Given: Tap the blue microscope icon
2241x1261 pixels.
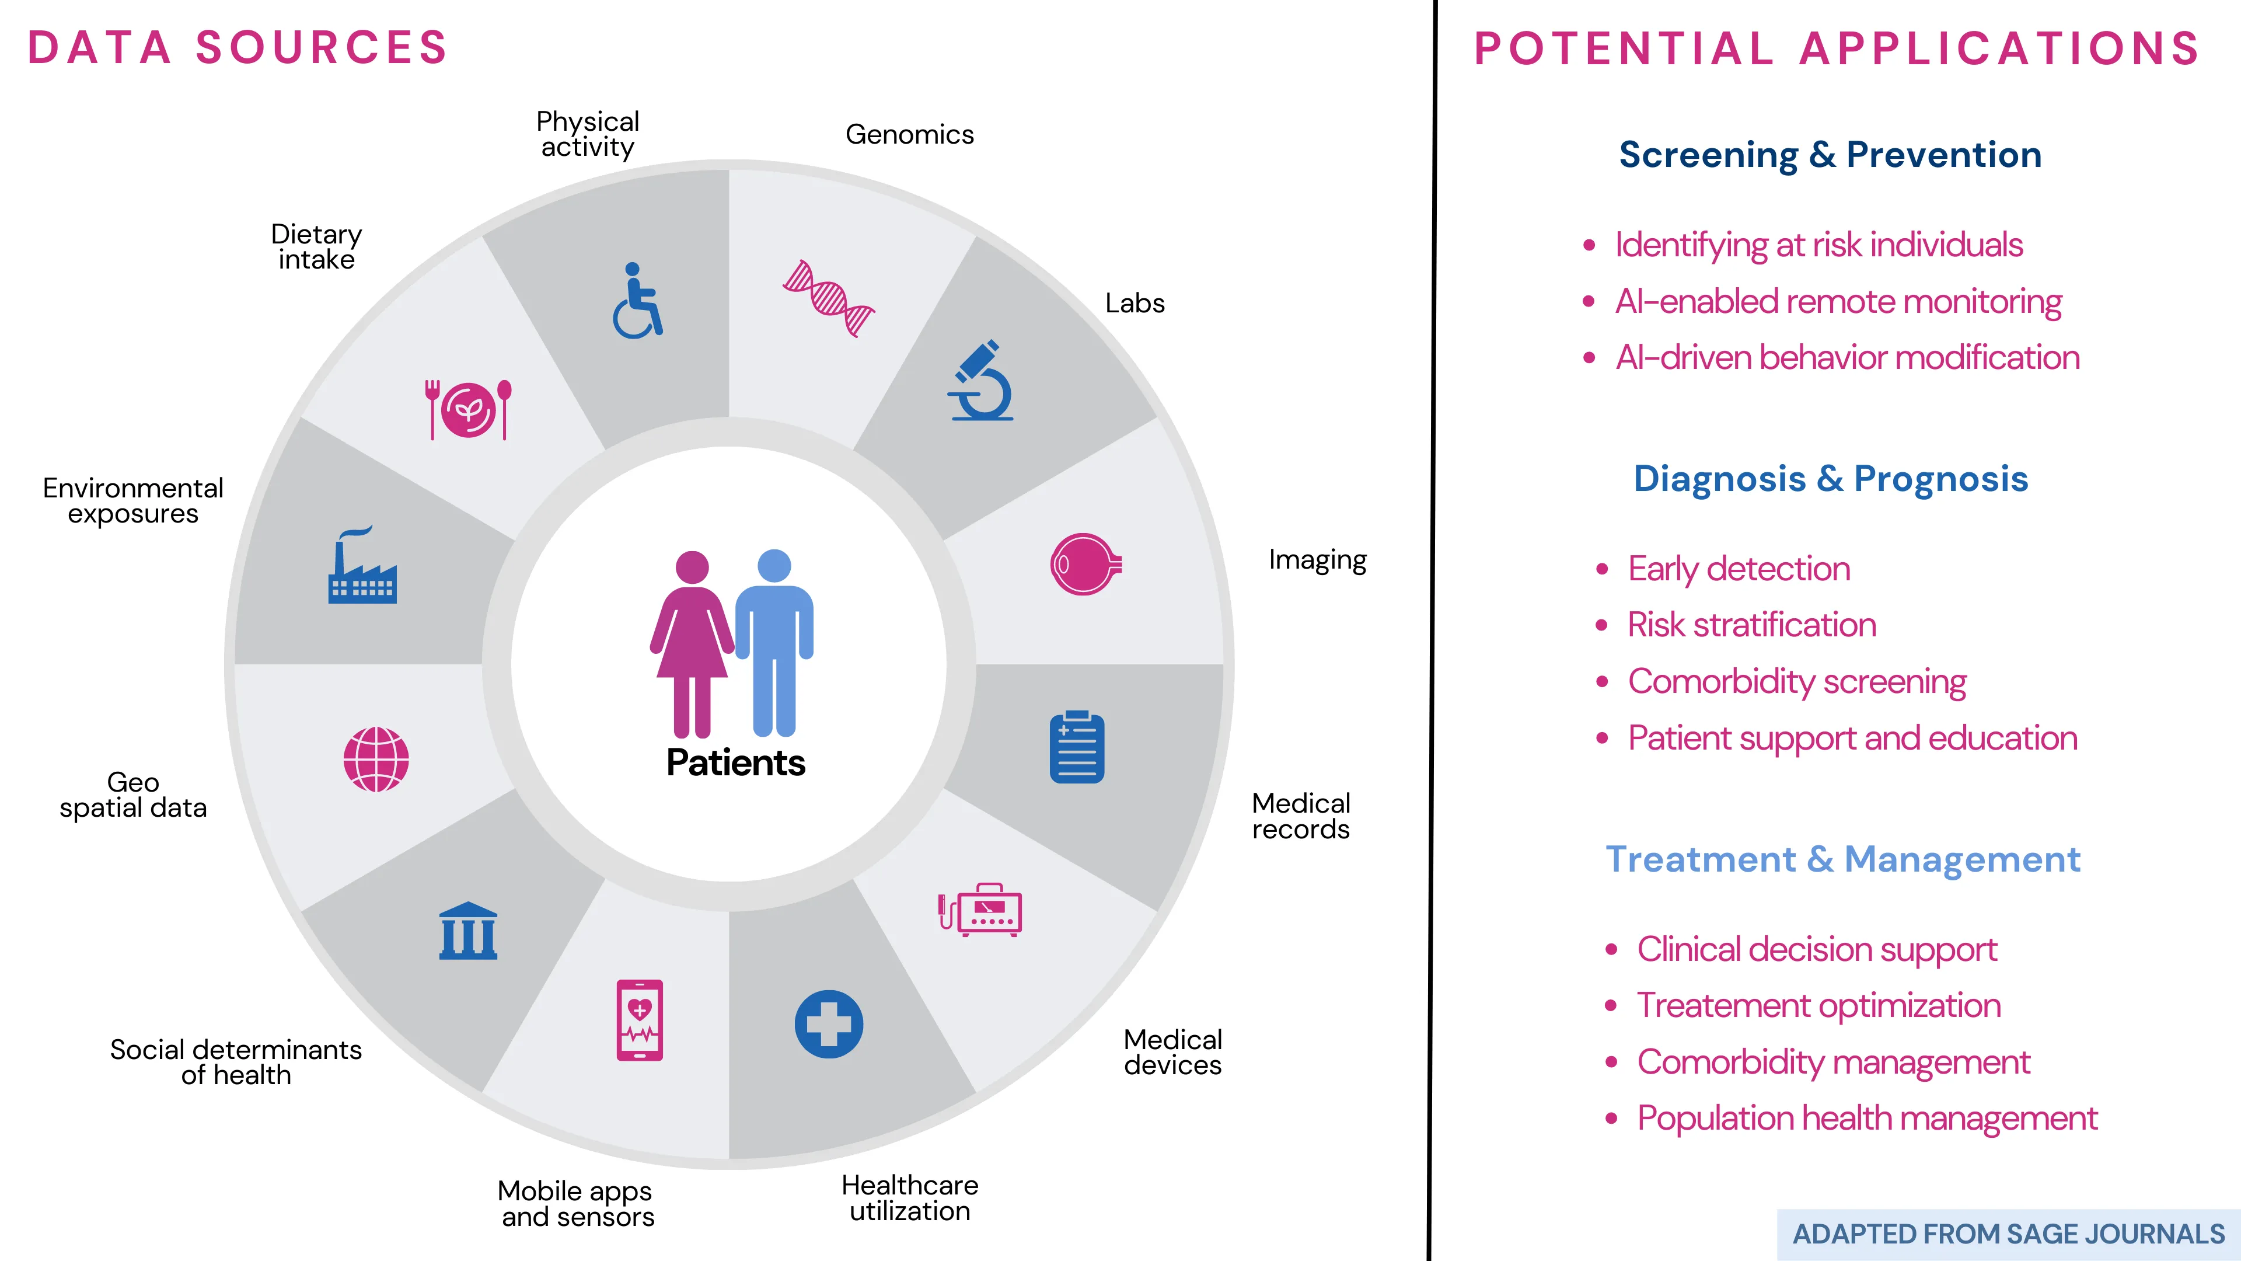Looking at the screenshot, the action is [x=981, y=380].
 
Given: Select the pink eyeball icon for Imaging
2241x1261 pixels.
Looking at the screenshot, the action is [x=1085, y=564].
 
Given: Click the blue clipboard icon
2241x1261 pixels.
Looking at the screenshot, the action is [x=1077, y=747].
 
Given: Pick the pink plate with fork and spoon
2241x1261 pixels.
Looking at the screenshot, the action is [x=468, y=409].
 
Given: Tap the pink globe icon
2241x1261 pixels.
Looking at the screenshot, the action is [x=376, y=759].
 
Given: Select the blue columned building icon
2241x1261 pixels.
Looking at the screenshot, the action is [x=468, y=931].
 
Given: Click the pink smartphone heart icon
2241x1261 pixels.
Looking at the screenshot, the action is [x=640, y=1020].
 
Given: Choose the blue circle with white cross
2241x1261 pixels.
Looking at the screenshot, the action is [x=828, y=1025].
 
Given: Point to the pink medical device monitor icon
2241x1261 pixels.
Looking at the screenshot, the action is [x=980, y=910].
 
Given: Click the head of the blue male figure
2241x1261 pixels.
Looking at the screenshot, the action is [x=774, y=566].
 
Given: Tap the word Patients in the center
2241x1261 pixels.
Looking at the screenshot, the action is [x=736, y=763].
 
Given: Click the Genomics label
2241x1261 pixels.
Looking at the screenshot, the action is [x=910, y=135].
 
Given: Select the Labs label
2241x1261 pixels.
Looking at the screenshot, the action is [x=1135, y=303].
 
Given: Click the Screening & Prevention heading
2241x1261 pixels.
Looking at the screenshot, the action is [x=1830, y=155].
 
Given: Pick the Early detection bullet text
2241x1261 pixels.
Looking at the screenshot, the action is [x=1739, y=569].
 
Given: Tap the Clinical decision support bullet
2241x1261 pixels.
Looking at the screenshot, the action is [x=1817, y=949].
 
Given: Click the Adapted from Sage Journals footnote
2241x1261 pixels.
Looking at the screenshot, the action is [x=2009, y=1234].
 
